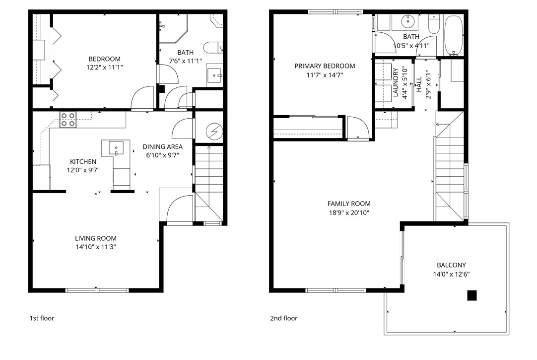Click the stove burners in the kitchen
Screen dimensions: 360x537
68,120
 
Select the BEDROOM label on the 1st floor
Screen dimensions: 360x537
104,58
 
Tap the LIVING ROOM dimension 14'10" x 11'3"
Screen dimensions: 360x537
96,247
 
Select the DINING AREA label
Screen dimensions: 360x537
162,146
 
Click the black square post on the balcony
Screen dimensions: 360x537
471,295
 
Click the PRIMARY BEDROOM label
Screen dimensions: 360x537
325,66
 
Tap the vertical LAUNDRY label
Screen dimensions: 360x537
396,82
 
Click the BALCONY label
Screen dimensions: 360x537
451,265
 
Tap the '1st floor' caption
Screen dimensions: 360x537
42,318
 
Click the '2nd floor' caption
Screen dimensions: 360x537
284,318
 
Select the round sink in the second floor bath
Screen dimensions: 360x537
408,21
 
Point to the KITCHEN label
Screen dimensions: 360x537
83,161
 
